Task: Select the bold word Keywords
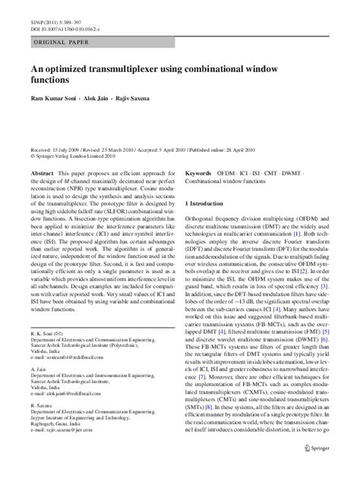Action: (199, 173)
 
